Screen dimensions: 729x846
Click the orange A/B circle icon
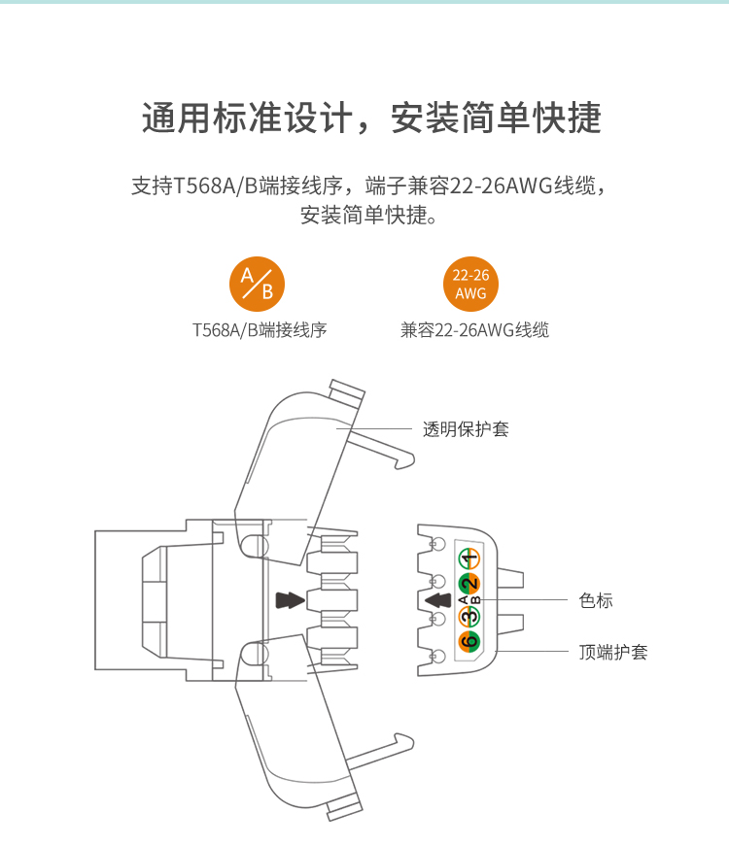pyautogui.click(x=257, y=284)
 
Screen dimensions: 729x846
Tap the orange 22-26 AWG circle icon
pyautogui.click(x=470, y=284)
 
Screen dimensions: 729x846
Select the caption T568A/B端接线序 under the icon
pyautogui.click(x=260, y=329)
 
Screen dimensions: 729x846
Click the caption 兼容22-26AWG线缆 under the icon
pyautogui.click(x=474, y=329)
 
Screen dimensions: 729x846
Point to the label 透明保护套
pyautogui.click(x=466, y=429)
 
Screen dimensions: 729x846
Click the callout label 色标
pyautogui.click(x=596, y=600)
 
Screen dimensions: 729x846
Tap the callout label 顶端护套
pyautogui.click(x=613, y=652)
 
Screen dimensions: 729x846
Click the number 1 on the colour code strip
pyautogui.click(x=469, y=559)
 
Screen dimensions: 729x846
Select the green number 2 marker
pyautogui.click(x=469, y=584)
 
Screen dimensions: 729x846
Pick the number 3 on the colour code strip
pyautogui.click(x=469, y=616)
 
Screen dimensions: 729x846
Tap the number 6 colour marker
pyautogui.click(x=469, y=641)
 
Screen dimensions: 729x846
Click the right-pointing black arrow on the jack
pyautogui.click(x=290, y=600)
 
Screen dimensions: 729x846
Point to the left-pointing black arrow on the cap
pyautogui.click(x=438, y=600)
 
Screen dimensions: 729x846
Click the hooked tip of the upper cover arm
pyautogui.click(x=406, y=461)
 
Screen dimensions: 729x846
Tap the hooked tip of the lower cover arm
pyautogui.click(x=405, y=740)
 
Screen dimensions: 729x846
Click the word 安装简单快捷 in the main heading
pyautogui.click(x=496, y=118)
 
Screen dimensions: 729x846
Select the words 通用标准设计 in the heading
pyautogui.click(x=247, y=118)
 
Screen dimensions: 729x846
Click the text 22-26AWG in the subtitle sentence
pyautogui.click(x=502, y=186)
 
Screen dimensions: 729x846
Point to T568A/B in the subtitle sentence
pyautogui.click(x=216, y=186)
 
